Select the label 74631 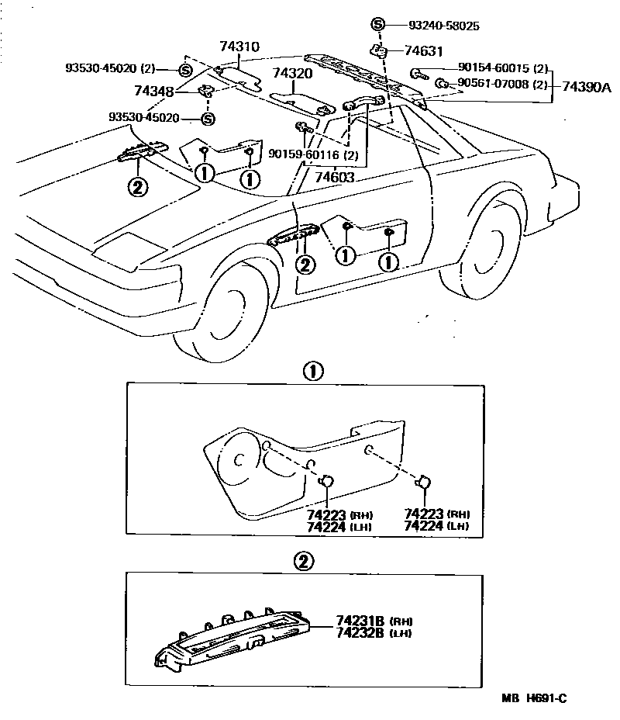423,52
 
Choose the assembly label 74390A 586,87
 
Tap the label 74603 334,178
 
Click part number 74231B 361,621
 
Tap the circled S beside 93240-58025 378,25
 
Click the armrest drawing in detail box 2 240,632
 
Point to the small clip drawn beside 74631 380,52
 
